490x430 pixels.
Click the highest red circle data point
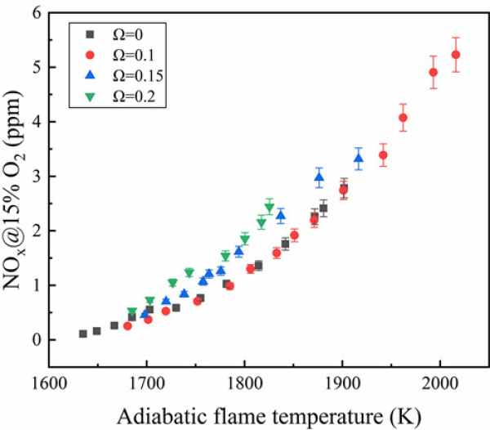click(x=456, y=55)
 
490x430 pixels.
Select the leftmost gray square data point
click(x=82, y=334)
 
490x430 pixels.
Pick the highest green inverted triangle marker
click(x=269, y=208)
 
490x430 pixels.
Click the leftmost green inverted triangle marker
click(x=131, y=312)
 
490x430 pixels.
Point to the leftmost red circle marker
click(x=127, y=325)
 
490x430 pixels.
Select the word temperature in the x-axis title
click(x=318, y=413)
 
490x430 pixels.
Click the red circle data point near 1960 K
click(x=403, y=118)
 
